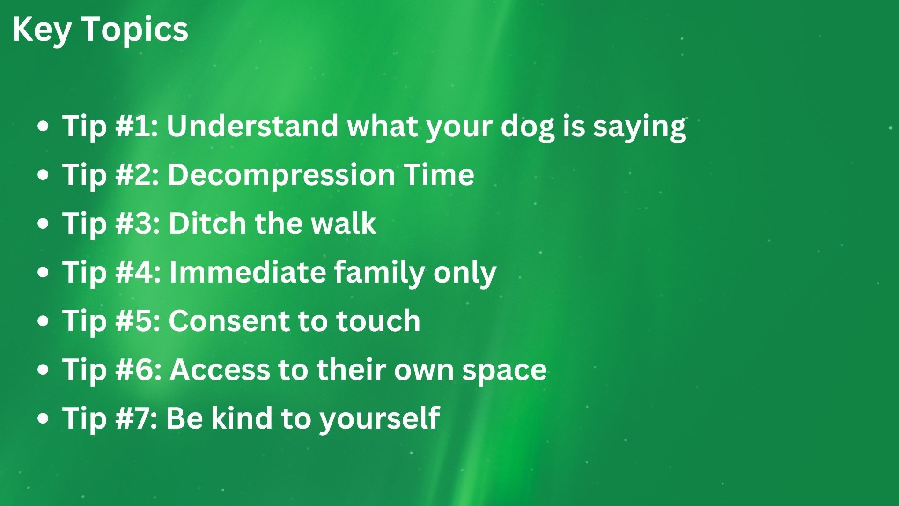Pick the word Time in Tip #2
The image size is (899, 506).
(x=439, y=174)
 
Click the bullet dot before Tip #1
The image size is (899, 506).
(x=43, y=126)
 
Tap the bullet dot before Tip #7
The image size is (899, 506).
(x=43, y=418)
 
